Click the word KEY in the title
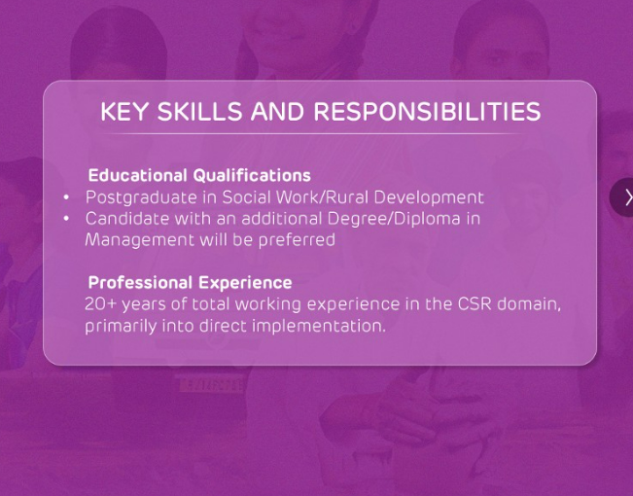click(123, 112)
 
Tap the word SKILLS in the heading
click(200, 112)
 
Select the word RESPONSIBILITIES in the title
click(427, 112)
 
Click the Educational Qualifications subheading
click(199, 176)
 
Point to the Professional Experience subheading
click(190, 282)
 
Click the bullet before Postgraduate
click(66, 197)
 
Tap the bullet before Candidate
click(66, 219)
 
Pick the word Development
click(429, 198)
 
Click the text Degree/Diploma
click(394, 220)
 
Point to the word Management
click(140, 240)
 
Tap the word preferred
click(297, 240)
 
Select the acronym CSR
click(475, 304)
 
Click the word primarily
click(122, 327)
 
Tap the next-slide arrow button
click(624, 197)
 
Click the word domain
click(529, 304)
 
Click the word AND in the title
click(277, 112)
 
